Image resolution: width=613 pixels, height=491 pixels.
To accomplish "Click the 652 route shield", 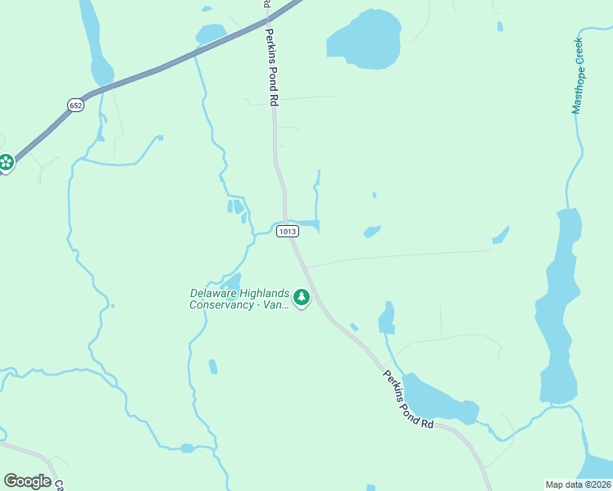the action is coord(75,106).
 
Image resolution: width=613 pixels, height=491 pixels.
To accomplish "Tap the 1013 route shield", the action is coord(287,232).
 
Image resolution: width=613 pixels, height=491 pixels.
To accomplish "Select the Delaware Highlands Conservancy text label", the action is coord(238,299).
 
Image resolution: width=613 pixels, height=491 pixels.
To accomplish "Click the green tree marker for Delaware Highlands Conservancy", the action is coord(302,297).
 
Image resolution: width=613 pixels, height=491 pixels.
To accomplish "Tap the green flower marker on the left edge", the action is coord(6,163).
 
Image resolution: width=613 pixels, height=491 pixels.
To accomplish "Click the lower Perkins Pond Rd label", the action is coord(407,399).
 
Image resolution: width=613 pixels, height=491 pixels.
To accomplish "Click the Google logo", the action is coord(27,481).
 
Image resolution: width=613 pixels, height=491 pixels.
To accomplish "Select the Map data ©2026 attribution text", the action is coord(578,484).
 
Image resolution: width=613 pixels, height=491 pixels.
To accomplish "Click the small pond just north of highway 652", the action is coord(211,34).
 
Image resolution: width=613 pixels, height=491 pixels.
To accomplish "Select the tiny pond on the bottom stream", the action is coord(187,448).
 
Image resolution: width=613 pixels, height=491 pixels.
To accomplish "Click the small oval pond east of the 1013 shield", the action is coord(372,232).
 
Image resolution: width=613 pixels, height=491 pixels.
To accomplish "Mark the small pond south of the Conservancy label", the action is coord(213,366).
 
